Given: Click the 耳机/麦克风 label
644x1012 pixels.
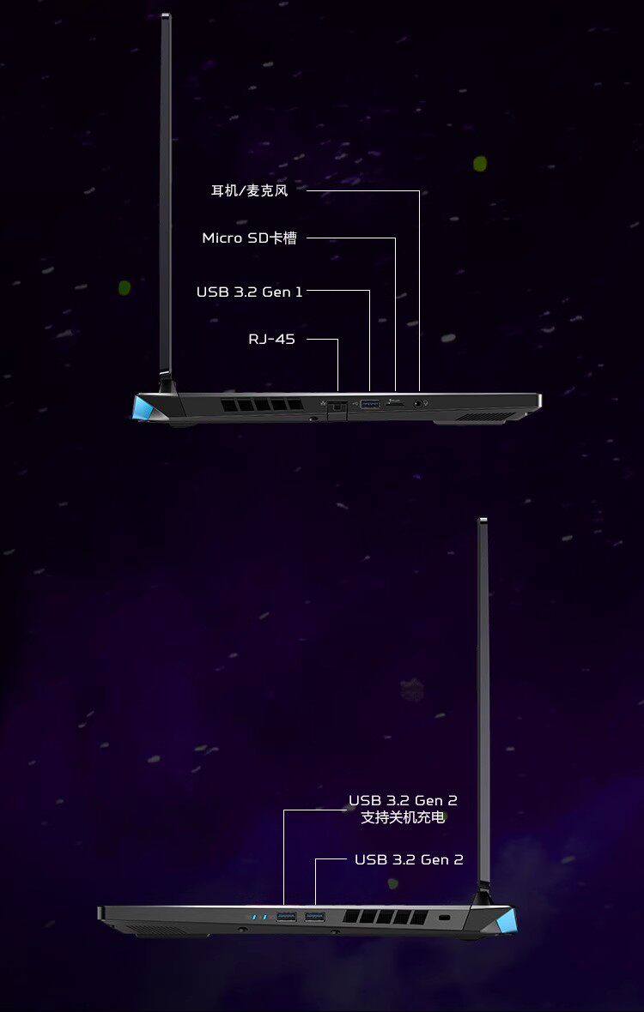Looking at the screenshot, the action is click(x=250, y=190).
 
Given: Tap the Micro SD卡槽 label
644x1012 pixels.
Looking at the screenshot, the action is click(x=249, y=238).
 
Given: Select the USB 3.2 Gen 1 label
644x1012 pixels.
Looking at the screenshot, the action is click(x=249, y=292).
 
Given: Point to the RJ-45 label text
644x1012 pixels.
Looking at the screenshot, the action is click(x=271, y=340).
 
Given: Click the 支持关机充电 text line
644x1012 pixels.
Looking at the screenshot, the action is click(x=403, y=818).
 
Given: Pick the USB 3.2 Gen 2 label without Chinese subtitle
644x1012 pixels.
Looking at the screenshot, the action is click(x=409, y=859).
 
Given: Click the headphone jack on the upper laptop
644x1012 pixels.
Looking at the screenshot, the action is click(x=419, y=401).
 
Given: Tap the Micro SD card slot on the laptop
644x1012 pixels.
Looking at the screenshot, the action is click(x=396, y=401).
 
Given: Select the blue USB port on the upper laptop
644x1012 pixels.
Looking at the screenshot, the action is click(x=369, y=401).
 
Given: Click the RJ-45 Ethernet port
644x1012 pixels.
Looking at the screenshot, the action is click(x=337, y=403).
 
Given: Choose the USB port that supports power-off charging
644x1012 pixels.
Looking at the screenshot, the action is click(x=286, y=918).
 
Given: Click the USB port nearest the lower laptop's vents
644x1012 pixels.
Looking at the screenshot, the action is click(x=315, y=918).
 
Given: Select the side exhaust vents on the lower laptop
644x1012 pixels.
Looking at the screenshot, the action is click(x=385, y=918).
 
